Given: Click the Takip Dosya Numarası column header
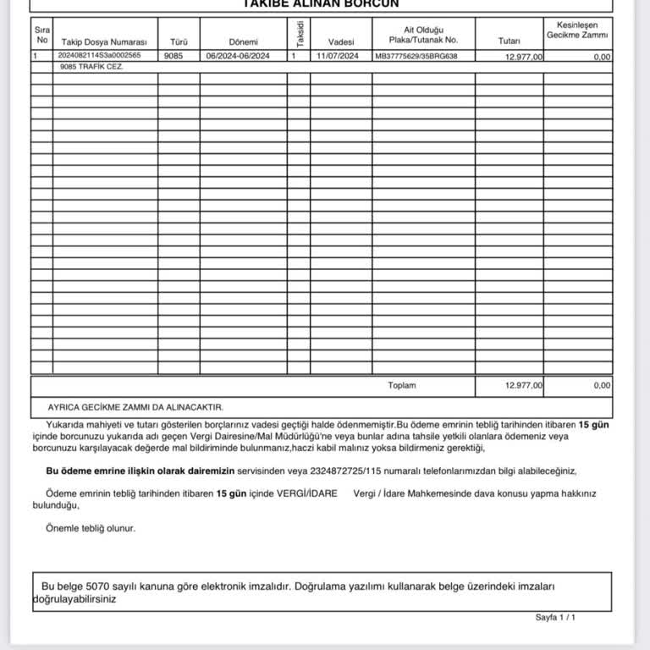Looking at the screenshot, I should (x=104, y=41).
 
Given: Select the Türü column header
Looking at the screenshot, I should (x=178, y=41).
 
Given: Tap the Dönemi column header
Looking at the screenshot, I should (x=243, y=41).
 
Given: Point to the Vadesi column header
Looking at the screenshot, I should (x=341, y=41).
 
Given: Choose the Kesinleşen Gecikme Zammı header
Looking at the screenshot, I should (x=577, y=30).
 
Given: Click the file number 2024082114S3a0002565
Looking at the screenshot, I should (x=99, y=56).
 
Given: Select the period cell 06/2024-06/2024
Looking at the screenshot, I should (x=243, y=56).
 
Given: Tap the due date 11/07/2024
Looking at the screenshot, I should (x=338, y=56).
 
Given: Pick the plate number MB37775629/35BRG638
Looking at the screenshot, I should (x=416, y=56).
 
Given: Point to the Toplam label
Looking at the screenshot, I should (x=402, y=385).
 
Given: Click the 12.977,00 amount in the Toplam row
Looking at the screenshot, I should (x=523, y=385).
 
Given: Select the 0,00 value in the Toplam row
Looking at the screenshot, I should (x=602, y=385).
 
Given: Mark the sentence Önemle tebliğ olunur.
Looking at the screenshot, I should (x=91, y=528).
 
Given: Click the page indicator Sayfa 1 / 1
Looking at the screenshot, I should (x=555, y=618).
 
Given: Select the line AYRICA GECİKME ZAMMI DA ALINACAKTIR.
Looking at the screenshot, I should (x=135, y=407).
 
